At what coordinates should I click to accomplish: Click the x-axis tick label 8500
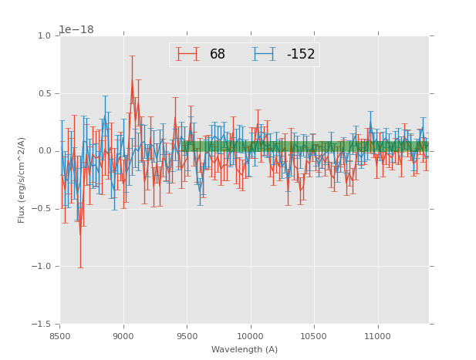(x=60, y=336)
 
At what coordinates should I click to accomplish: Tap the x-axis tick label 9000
(x=123, y=336)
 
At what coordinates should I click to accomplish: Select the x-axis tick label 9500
(x=187, y=336)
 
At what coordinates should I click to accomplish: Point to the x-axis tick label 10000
(x=250, y=336)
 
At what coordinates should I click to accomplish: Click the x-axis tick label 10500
(x=314, y=336)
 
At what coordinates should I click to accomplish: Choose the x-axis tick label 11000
(x=377, y=336)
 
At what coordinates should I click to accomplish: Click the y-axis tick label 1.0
(x=44, y=35)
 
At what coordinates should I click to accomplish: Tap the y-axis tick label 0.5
(x=44, y=93)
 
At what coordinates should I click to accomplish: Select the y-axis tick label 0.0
(x=44, y=151)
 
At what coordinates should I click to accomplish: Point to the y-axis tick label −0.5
(x=42, y=209)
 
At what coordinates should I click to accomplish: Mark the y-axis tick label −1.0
(x=42, y=267)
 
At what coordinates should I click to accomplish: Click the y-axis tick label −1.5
(x=42, y=325)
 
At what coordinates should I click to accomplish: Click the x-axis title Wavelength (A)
(x=245, y=349)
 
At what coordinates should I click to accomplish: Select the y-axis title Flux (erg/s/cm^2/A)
(x=22, y=180)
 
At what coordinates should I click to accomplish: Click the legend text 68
(x=218, y=54)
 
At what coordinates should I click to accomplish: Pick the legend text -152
(x=301, y=54)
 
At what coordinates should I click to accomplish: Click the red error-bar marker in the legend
(x=187, y=54)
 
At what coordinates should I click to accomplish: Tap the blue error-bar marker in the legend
(x=264, y=54)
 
